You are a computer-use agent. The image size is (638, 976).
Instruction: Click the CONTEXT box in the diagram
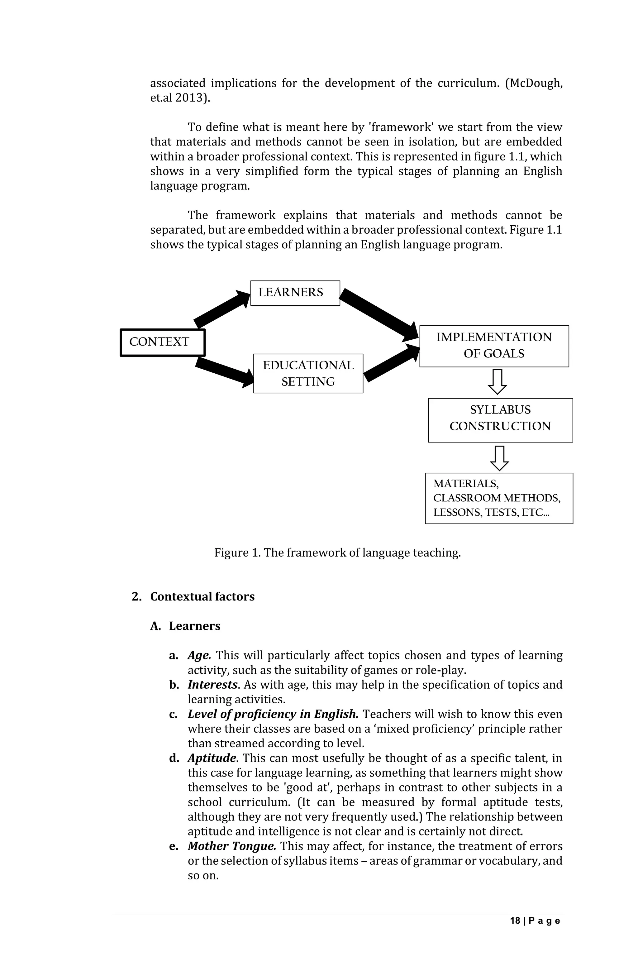162,342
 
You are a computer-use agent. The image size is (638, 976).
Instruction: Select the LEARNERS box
295,293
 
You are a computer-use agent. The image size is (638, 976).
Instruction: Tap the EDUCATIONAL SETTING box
308,373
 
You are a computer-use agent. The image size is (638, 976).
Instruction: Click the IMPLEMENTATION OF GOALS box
494,346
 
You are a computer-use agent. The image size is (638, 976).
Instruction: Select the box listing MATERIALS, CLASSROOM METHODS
498,498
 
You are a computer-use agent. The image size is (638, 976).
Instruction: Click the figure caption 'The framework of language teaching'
337,553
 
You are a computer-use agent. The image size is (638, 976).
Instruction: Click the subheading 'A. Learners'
185,626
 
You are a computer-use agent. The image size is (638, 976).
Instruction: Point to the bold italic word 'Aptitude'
212,758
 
